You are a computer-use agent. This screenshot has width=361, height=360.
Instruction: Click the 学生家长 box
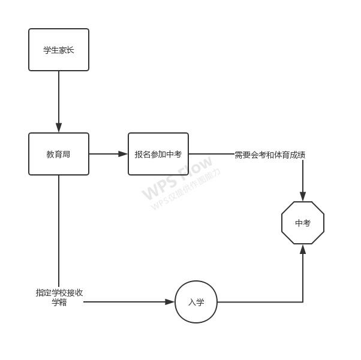click(59, 50)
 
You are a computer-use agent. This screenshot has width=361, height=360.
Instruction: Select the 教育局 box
click(59, 154)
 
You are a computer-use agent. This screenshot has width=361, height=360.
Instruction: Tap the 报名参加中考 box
click(158, 154)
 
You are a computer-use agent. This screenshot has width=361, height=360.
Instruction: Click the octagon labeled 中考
click(303, 223)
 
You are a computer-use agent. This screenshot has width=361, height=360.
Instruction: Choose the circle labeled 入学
click(196, 302)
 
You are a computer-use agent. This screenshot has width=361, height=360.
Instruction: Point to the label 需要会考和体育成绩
click(270, 155)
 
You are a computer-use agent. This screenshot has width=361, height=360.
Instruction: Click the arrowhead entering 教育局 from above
click(59, 128)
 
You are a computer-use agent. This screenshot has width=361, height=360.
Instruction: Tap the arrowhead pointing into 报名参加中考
click(123, 154)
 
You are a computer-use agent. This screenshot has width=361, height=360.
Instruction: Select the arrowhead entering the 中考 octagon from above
click(303, 196)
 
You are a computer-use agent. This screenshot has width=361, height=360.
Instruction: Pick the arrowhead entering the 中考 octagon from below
click(303, 249)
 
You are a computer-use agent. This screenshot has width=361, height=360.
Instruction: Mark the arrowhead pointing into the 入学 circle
click(170, 302)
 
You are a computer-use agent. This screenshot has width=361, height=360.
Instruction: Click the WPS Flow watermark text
click(177, 178)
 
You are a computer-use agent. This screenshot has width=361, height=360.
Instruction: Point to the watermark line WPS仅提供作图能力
click(186, 189)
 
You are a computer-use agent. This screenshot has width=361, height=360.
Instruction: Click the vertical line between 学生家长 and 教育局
click(59, 96)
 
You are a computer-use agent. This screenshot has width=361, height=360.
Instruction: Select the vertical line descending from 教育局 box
click(59, 228)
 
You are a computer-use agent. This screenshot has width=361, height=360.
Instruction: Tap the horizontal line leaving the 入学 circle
click(258, 302)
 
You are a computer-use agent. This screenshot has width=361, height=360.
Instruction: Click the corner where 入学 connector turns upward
click(303, 302)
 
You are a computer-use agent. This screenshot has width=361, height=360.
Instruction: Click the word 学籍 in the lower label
click(59, 302)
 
